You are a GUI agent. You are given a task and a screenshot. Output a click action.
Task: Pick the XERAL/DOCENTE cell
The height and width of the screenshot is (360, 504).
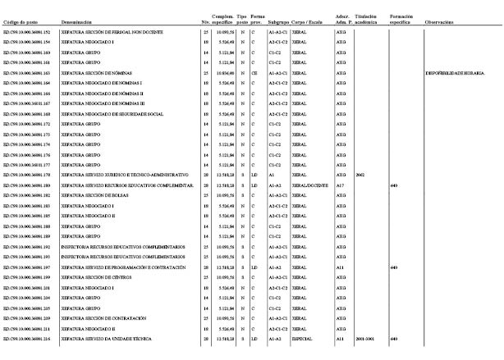tap(309, 185)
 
